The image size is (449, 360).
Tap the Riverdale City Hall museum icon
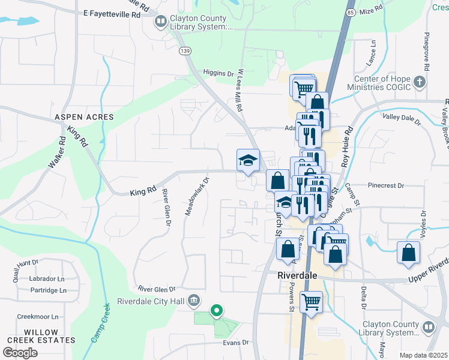(x=194, y=300)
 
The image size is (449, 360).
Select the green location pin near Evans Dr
(x=216, y=310)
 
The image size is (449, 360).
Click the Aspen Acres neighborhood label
(x=80, y=117)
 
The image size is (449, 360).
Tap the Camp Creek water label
(x=101, y=324)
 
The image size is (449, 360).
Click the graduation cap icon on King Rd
(x=248, y=160)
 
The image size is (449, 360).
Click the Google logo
(x=20, y=353)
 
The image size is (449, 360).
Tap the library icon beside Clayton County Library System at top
(x=161, y=22)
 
